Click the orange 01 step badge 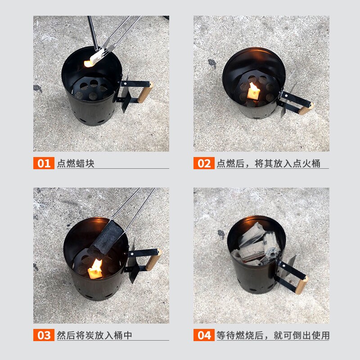click(x=44, y=163)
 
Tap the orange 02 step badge click(x=204, y=163)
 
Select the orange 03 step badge click(x=44, y=335)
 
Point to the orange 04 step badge click(x=204, y=335)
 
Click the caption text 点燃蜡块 click(x=76, y=163)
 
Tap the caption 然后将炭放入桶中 click(x=94, y=335)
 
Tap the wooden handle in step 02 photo click(x=306, y=109)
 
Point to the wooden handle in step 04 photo click(x=301, y=285)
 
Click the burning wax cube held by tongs click(x=93, y=59)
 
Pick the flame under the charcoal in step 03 click(x=96, y=269)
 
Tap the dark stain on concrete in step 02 click(x=212, y=63)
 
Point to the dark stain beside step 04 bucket click(x=221, y=234)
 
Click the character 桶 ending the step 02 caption click(x=316, y=163)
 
